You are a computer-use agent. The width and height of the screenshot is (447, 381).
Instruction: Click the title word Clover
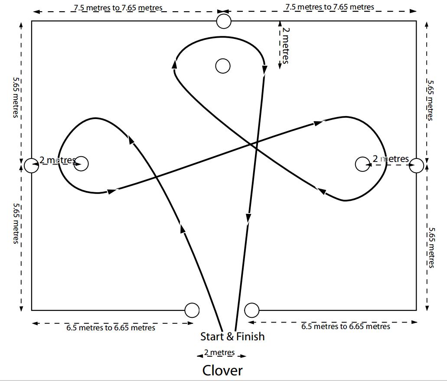point(222,370)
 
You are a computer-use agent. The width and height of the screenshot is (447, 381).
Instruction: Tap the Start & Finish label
point(232,336)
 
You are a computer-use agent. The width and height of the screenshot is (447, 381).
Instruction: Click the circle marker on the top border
point(224,21)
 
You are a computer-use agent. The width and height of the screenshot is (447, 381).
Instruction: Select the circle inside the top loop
point(223,66)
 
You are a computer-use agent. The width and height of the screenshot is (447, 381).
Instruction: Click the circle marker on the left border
point(31,165)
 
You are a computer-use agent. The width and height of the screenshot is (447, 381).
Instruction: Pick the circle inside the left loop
point(81,164)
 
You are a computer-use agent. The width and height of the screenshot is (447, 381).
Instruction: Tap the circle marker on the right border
point(417,165)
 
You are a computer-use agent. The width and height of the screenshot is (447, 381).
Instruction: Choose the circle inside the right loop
point(362,164)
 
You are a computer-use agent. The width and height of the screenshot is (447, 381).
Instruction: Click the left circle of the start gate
point(192,310)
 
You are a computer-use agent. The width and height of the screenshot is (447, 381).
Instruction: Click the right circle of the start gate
point(252,310)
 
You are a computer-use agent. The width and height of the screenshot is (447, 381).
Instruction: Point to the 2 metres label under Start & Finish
point(219,352)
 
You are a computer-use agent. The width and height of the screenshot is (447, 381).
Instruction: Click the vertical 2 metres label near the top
point(285,45)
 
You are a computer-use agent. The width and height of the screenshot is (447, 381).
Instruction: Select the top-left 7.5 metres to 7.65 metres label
point(118,8)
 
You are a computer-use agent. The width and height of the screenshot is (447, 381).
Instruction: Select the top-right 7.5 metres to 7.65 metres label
point(329,7)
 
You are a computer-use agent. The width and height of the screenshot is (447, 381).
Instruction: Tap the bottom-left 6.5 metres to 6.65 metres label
point(111,328)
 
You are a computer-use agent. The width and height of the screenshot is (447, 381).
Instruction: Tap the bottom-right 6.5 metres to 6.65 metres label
point(346,326)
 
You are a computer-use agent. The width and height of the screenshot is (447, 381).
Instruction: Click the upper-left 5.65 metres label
point(16,97)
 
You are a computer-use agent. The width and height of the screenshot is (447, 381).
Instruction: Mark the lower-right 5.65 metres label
point(431,248)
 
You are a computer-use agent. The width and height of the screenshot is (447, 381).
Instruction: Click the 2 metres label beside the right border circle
point(391,159)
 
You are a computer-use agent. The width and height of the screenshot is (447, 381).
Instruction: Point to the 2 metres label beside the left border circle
point(57,160)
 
